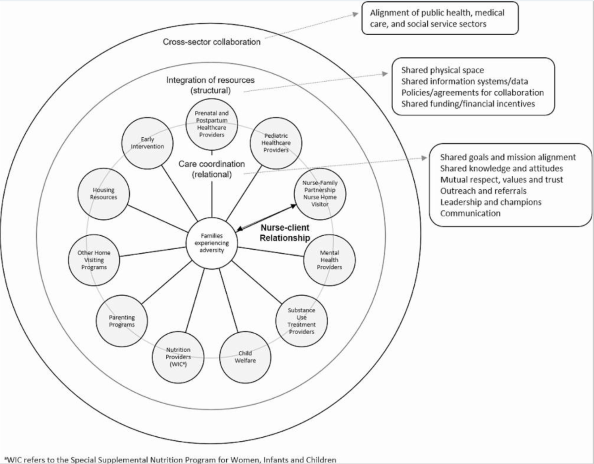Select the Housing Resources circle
point(103,194)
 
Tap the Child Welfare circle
point(246,357)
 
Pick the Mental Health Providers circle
point(329,260)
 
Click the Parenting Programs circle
point(122,321)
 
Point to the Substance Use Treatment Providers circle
point(301,320)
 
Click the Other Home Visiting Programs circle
point(94,259)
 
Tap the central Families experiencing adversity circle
point(212,243)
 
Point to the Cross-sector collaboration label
point(211,42)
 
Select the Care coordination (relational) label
point(211,168)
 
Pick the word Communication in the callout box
point(470,213)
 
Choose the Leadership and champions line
point(491,202)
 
